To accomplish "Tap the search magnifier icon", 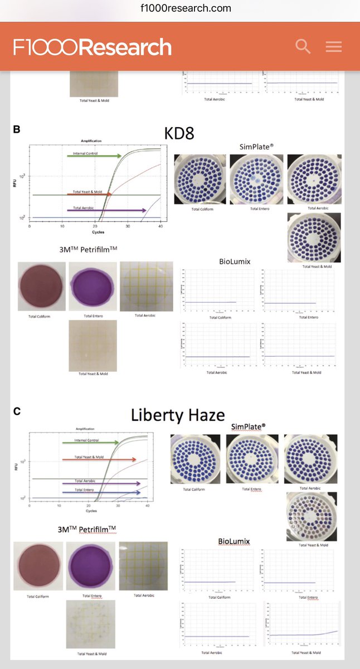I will pyautogui.click(x=303, y=46).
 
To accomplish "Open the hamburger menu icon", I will pyautogui.click(x=334, y=47).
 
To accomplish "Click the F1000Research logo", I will pyautogui.click(x=93, y=47).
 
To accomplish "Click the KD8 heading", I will pyautogui.click(x=179, y=134).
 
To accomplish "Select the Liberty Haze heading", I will pyautogui.click(x=178, y=415).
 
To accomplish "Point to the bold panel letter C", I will pyautogui.click(x=17, y=411).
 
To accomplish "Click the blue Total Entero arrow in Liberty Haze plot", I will pyautogui.click(x=101, y=493).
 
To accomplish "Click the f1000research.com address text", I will pyautogui.click(x=179, y=8).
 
